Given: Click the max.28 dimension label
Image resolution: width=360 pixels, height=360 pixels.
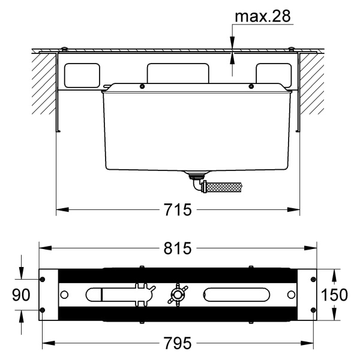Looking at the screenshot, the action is [x=263, y=16].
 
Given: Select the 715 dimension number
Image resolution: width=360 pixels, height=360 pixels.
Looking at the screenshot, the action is [x=178, y=209].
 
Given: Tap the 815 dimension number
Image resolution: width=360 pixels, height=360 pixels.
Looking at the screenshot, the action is [x=177, y=248].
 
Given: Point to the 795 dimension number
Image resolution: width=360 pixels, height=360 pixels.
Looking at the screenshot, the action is [x=178, y=343].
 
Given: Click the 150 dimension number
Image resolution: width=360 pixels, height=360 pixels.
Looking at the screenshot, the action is [x=334, y=295].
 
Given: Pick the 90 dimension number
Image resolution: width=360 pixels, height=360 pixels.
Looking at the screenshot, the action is [x=21, y=295].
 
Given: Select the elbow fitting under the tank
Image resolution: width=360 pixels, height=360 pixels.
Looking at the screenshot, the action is [x=197, y=185].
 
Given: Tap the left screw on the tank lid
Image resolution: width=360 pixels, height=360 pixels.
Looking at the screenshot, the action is [x=142, y=86].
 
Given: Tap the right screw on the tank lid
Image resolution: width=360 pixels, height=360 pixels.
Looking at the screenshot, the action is [x=251, y=86].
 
